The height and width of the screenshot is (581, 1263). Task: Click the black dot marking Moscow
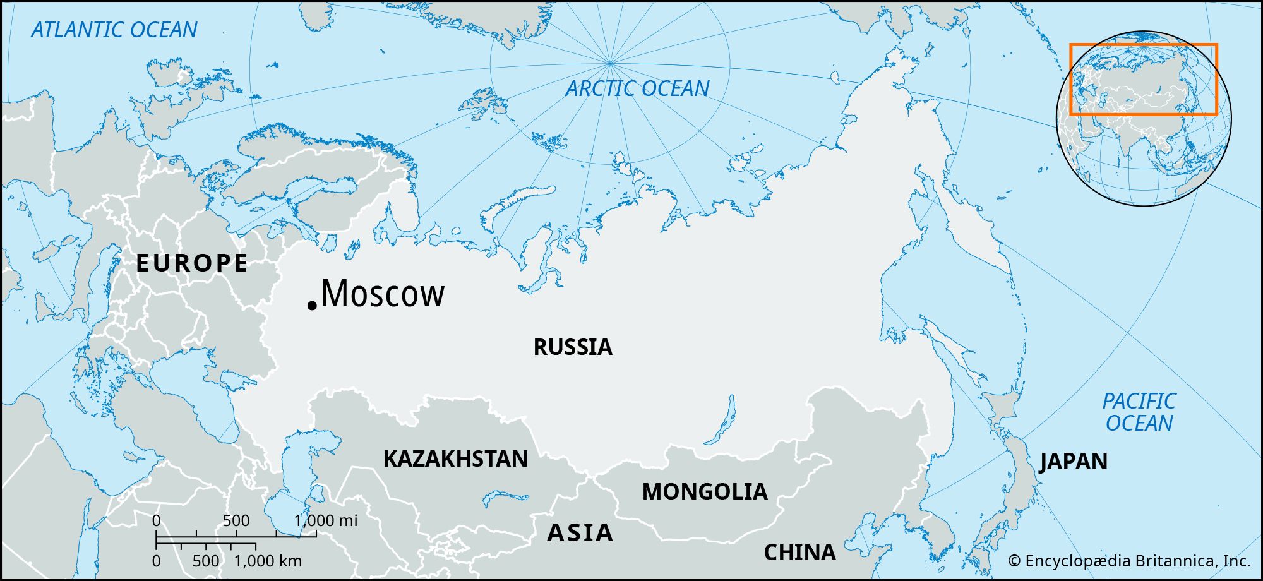pos(311,306)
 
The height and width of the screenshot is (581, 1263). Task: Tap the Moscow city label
pos(383,294)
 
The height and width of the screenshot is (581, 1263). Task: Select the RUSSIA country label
pos(573,347)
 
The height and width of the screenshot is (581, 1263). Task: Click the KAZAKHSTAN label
pos(455,459)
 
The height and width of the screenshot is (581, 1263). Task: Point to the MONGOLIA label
pos(705,492)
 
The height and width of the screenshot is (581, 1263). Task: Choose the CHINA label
pos(799,553)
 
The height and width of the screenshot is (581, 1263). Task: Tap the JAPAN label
pos(1074,462)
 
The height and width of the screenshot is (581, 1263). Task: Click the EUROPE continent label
pos(193,263)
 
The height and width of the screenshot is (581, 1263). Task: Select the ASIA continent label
pos(580,533)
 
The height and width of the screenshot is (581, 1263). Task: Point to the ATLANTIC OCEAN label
pos(114,30)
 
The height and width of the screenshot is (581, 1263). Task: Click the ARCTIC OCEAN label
pos(637,88)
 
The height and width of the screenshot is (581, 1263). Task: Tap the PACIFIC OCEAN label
pos(1139,412)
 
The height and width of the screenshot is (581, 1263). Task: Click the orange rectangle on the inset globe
pos(1143,45)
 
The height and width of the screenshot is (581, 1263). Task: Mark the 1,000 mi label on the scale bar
pos(326,520)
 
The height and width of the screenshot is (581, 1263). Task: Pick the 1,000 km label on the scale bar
pos(268,561)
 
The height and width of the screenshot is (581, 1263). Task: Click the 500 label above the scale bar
pos(236,520)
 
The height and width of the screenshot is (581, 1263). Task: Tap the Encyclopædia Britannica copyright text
pos(1128,561)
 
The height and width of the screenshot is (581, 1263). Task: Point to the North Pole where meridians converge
pos(609,63)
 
